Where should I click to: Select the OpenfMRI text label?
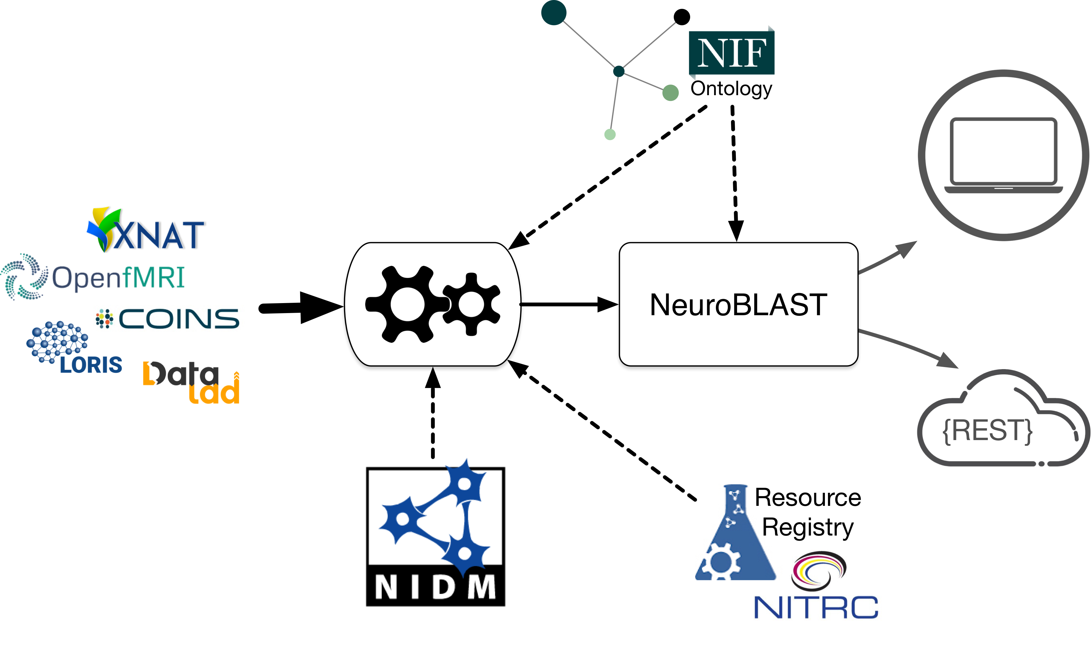pos(118,278)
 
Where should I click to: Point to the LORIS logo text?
pos(91,365)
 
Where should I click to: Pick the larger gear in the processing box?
pos(407,304)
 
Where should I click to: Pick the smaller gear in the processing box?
pos(472,304)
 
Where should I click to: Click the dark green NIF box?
pos(732,53)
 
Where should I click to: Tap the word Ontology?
pos(731,89)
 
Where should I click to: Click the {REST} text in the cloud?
pos(988,430)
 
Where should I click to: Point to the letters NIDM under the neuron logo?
pos(435,587)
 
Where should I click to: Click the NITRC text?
pos(816,608)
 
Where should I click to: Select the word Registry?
pos(807,528)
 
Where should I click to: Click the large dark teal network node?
pos(554,12)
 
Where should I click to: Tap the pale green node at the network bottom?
pos(610,134)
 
